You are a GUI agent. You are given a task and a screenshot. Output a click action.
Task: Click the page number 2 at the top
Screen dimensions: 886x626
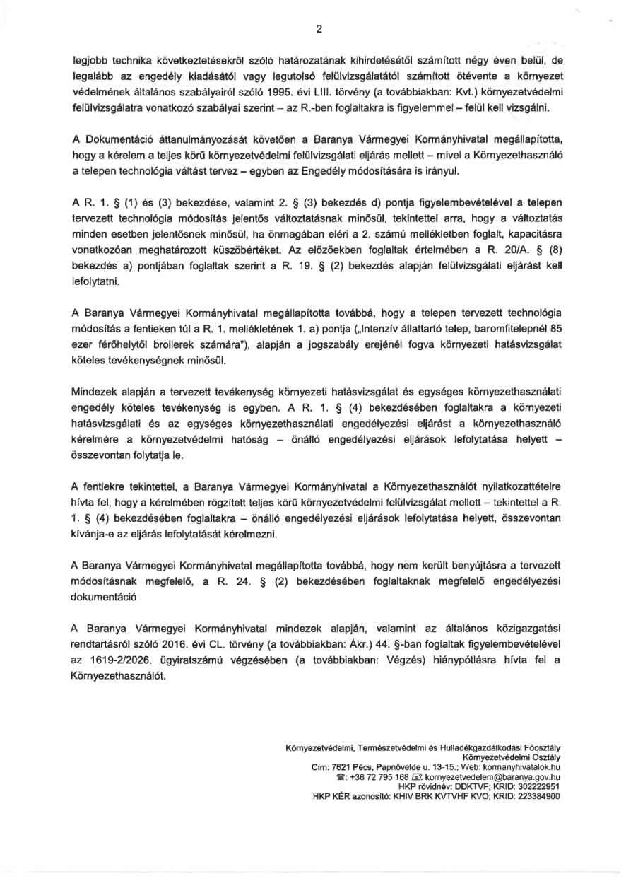[319, 30]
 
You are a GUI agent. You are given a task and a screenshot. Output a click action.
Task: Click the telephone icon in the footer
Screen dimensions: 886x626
[341, 776]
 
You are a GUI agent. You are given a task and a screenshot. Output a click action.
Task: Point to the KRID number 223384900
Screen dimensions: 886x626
[537, 795]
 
